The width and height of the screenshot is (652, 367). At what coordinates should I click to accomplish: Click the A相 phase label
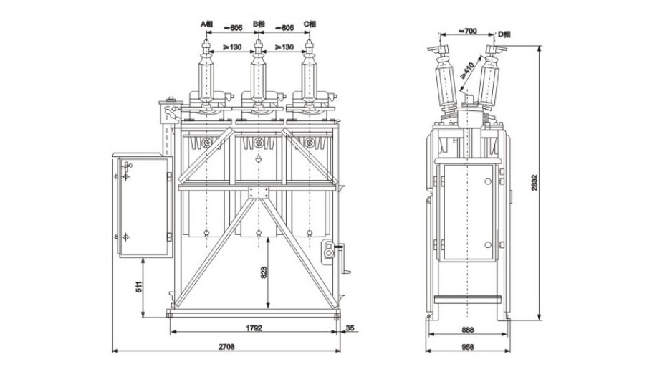pos(207,24)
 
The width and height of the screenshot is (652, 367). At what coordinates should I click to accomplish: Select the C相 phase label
pos(310,24)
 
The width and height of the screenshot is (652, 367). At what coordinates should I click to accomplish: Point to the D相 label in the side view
pos(504,33)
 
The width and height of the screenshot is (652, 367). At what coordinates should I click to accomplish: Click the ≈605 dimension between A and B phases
pos(232,27)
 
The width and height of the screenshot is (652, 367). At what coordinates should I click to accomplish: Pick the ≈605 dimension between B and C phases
pos(284,27)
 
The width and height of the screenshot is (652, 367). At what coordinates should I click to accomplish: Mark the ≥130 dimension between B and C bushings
pos(284,47)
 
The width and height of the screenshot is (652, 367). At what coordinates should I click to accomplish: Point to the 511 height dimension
pos(140,289)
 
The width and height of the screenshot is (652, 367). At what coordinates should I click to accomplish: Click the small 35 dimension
pos(350,329)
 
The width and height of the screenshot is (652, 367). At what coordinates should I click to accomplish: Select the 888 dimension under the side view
pos(467,330)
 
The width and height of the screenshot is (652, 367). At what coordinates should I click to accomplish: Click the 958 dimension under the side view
pos(467,348)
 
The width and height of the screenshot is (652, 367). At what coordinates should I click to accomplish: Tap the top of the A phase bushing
pos(208,44)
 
